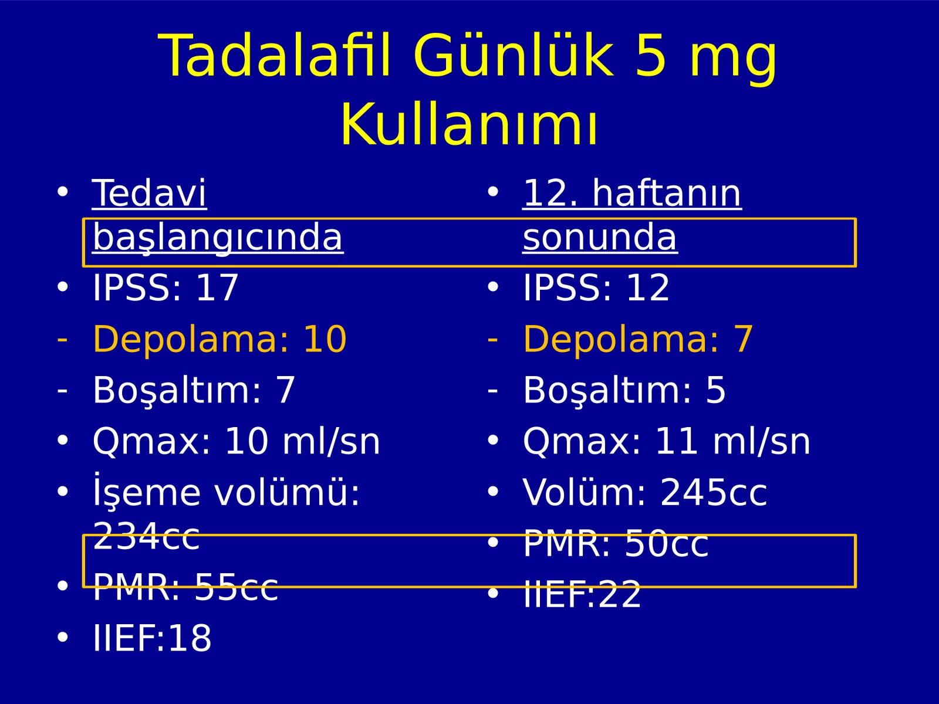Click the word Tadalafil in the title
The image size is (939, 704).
point(274,56)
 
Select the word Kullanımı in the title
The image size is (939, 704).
point(469,124)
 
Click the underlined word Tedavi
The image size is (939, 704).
point(149,193)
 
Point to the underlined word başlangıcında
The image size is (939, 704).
point(218,238)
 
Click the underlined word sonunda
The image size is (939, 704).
point(600,238)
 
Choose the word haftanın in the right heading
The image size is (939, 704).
point(667,193)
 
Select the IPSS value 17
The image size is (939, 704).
point(217,287)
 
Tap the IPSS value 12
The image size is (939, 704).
point(648,287)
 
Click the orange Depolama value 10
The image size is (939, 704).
point(325,339)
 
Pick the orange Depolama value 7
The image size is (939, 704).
point(744,339)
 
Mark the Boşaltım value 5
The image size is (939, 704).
point(715,390)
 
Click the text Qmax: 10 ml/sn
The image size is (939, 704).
point(236,441)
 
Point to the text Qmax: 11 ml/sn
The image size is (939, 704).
point(667,441)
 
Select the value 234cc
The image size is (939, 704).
point(146,536)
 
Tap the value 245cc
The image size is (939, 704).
point(714,492)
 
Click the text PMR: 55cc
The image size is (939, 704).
point(185,587)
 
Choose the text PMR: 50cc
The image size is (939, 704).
point(616,543)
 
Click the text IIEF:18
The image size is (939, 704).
point(152,638)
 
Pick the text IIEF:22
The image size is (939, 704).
point(582,594)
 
